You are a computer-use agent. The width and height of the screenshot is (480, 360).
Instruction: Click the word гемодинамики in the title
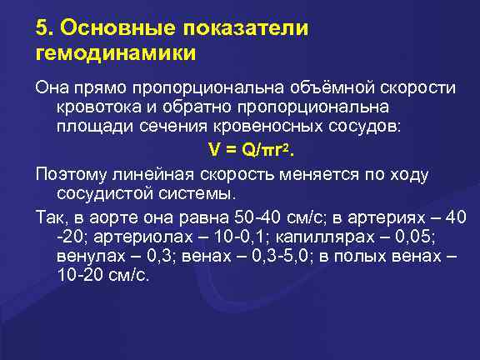[117, 53]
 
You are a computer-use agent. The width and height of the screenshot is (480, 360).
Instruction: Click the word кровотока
[96, 108]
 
